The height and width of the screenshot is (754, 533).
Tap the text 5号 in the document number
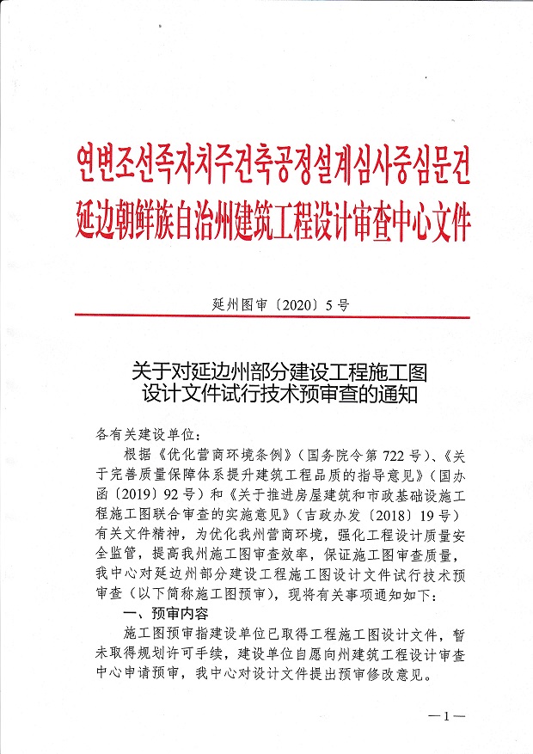[337, 303]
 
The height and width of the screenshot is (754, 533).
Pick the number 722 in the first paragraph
[389, 451]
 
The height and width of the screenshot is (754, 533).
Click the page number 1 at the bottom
[446, 715]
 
